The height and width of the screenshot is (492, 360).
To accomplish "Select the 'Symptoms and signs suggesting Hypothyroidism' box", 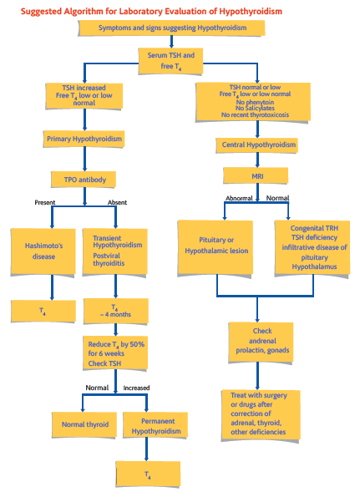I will click(x=171, y=28).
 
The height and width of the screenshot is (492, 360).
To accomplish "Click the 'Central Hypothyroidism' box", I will click(x=260, y=145).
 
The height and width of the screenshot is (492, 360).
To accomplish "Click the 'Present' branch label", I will click(x=45, y=203).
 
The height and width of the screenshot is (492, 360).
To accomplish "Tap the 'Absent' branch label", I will click(x=118, y=203).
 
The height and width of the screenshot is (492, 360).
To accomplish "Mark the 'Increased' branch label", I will click(x=136, y=388).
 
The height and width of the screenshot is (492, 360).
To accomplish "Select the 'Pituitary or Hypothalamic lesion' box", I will click(x=215, y=244).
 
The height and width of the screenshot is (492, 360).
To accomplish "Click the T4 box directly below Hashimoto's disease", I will click(x=43, y=311).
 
